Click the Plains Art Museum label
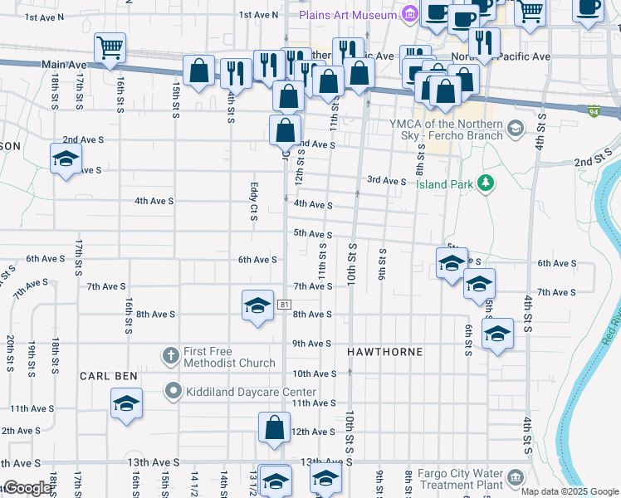click(x=346, y=15)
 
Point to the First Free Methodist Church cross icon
click(x=171, y=356)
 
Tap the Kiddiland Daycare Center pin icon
click(x=173, y=390)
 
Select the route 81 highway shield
click(x=285, y=305)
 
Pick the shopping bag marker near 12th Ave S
click(x=274, y=428)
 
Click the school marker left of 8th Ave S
click(x=257, y=305)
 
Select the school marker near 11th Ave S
click(x=126, y=405)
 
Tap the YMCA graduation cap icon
click(x=515, y=127)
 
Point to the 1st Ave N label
click(x=257, y=15)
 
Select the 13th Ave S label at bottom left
click(x=21, y=462)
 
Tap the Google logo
click(x=27, y=488)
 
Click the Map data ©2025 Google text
click(x=570, y=491)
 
